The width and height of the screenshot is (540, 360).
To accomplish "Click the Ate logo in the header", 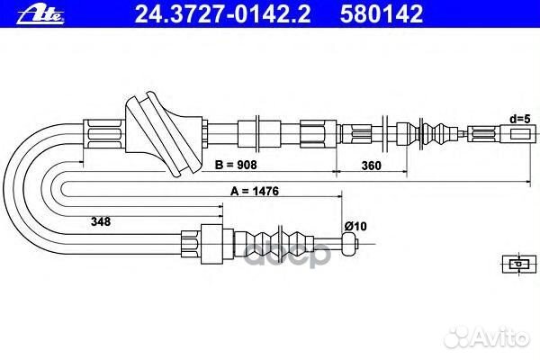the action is pos(40,14).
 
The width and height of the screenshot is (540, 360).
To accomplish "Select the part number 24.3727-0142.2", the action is pos(222,14).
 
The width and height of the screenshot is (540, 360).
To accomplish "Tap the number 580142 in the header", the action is pos(382,14).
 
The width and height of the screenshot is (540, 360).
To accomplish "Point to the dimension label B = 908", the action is pos(236,165).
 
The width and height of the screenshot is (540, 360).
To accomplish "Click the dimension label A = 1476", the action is pos(255,191).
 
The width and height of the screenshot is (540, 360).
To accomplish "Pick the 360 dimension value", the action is pos(371,166).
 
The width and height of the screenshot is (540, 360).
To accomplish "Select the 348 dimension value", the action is pos(101,221).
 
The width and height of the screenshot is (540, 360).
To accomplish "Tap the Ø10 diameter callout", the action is pos(355,226).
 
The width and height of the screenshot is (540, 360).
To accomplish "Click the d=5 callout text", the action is pos(520,119).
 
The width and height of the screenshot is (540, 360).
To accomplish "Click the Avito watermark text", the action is pos(486,337).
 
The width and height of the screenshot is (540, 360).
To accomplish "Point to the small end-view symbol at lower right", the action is pos(519,264).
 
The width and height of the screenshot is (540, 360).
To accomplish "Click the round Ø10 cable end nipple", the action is pos(349,243).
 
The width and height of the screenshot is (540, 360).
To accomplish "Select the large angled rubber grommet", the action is pos(163,134).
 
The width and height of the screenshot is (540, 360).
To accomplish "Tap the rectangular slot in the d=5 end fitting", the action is pos(519,134).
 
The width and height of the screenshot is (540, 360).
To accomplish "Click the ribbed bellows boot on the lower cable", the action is pos(274,244).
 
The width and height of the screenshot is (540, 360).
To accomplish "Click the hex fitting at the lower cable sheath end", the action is pos(191,244).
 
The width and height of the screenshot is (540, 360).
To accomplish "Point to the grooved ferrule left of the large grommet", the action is pos(104,134).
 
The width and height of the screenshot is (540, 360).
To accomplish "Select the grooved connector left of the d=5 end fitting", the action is pos(482,134).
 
